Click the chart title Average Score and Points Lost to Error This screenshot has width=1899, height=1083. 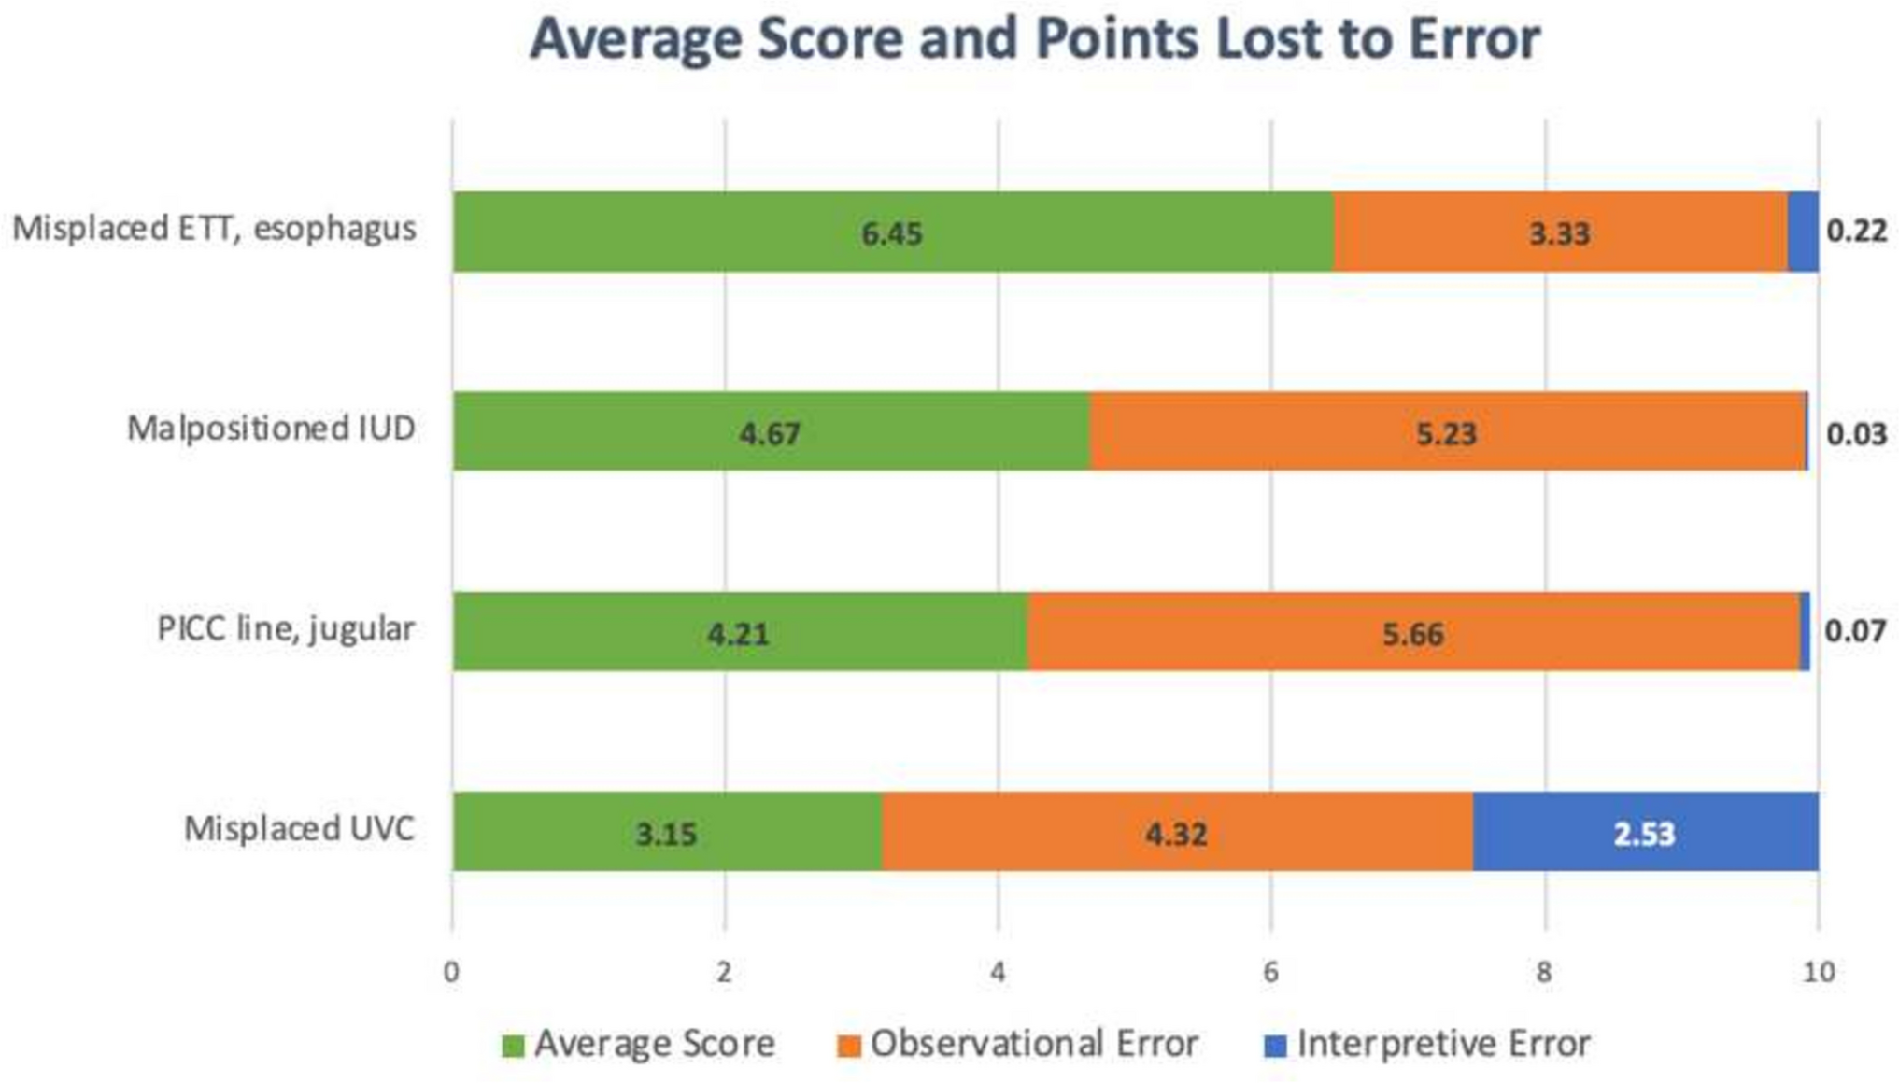[x=1034, y=39]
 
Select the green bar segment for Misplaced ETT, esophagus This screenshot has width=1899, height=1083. [x=892, y=232]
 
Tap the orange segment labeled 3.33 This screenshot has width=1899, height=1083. [x=1560, y=232]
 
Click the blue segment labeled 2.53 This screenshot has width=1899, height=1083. [x=1645, y=832]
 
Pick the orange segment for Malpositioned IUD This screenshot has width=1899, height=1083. [x=1446, y=432]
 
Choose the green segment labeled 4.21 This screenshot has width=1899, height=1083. [x=739, y=632]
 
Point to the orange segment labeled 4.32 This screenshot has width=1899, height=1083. [x=1176, y=832]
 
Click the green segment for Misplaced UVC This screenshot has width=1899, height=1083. [x=666, y=832]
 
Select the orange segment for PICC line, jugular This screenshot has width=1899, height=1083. [x=1412, y=632]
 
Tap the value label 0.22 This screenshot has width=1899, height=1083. [x=1856, y=231]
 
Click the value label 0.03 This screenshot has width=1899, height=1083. [x=1856, y=433]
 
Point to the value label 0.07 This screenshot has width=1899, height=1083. [x=1855, y=631]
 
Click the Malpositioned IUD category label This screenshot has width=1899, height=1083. [x=271, y=429]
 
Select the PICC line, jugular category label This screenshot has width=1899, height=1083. [x=285, y=629]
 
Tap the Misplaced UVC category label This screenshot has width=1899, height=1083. [x=299, y=828]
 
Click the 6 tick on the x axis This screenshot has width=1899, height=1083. [x=1270, y=972]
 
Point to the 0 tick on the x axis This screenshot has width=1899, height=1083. [x=452, y=972]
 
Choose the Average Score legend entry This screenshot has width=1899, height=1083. [x=639, y=1044]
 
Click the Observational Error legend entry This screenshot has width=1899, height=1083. [x=1018, y=1044]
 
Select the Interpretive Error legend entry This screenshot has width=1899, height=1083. [x=1427, y=1044]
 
